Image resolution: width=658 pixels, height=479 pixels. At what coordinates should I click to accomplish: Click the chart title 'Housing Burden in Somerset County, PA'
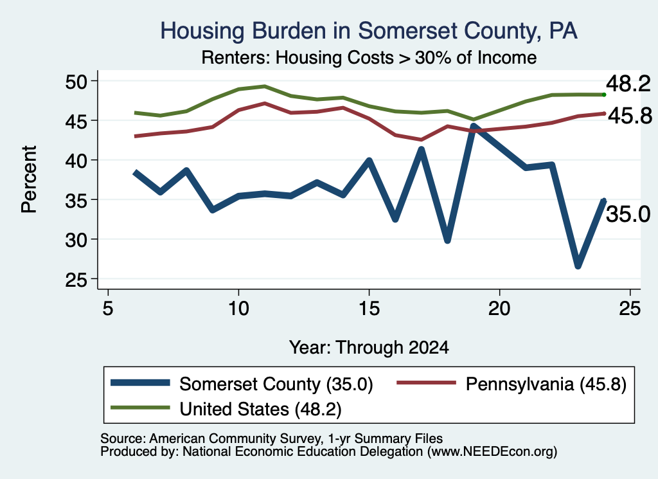pos(369,31)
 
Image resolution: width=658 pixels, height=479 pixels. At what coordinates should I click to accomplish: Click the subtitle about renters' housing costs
pos(369,57)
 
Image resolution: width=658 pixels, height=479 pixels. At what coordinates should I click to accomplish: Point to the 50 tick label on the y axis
pos(76,81)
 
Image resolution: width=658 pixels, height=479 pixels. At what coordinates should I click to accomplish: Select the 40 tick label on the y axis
pos(76,160)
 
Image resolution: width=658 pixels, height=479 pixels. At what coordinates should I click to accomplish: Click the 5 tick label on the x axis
pos(108,309)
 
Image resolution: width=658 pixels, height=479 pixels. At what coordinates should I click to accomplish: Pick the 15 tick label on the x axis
pos(369,309)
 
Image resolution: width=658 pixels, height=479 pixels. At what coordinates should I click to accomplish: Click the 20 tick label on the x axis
pos(499,309)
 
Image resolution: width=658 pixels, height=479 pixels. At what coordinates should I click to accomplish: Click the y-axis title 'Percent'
pos(29,179)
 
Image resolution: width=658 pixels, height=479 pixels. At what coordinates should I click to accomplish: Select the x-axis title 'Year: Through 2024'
pos(369,348)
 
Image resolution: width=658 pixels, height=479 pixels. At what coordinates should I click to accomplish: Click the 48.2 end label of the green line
pos(628,84)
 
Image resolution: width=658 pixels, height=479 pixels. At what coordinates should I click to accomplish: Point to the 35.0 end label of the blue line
pos(628,214)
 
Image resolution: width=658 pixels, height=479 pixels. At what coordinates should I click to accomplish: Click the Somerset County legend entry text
pos(276,384)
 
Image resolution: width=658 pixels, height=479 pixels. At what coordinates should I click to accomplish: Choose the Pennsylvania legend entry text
pos(546,384)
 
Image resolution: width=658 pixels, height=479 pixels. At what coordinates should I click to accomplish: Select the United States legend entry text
pos(261,409)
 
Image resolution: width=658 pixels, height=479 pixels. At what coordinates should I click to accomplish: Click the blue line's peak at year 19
pos(474,125)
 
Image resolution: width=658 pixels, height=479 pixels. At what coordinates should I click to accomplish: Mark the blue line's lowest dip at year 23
pos(578,266)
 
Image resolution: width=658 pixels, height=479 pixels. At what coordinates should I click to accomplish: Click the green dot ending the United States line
pos(604,95)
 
